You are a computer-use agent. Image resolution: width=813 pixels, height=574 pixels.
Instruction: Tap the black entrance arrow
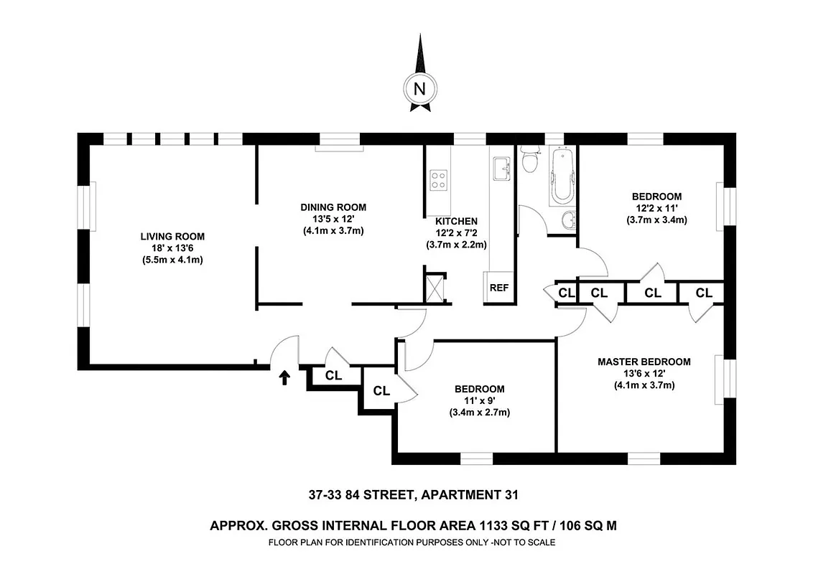[x=284, y=377]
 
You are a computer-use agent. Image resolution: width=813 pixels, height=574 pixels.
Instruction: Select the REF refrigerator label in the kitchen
[x=498, y=288]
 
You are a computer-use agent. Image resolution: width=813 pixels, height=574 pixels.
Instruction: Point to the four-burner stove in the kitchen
[x=438, y=180]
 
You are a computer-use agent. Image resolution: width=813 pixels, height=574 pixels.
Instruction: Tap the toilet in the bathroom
[x=531, y=161]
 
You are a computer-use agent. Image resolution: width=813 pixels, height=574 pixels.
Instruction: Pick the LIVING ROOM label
[x=172, y=236]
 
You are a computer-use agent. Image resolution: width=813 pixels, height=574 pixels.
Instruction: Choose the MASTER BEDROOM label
[x=644, y=362]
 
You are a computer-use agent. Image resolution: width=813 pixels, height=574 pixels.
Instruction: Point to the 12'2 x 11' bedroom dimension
[x=656, y=208]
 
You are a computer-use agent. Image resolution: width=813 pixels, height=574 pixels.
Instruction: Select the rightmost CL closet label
[x=703, y=293]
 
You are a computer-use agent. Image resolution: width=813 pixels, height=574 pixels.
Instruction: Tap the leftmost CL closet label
[x=333, y=375]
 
